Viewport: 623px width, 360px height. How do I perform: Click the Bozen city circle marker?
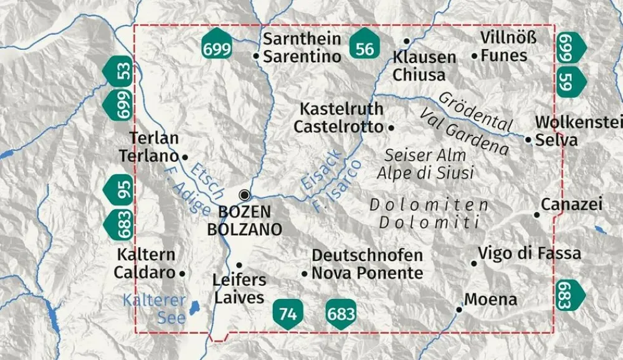(244, 194)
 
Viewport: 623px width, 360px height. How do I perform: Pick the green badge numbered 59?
(569, 80)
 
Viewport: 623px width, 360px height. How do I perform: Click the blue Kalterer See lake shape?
(194, 307)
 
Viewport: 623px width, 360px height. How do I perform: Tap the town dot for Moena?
(459, 309)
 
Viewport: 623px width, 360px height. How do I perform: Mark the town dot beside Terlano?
(184, 156)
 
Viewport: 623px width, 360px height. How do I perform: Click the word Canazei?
(571, 204)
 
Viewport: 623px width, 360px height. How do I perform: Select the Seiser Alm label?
(416, 154)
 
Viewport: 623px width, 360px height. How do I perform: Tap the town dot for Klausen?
(406, 41)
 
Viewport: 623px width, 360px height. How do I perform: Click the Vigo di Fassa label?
(530, 253)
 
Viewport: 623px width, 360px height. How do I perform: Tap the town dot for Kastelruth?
(391, 127)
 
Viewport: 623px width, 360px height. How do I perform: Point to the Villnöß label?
(508, 37)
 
